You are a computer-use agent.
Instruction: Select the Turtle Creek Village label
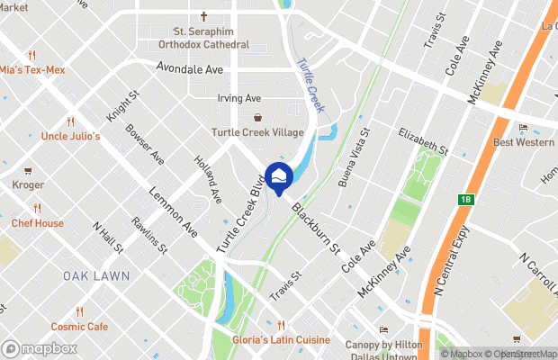click(x=257, y=132)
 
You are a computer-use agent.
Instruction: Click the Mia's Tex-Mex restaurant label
click(x=30, y=69)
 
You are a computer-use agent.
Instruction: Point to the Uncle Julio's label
click(x=70, y=136)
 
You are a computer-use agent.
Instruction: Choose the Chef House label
click(x=37, y=223)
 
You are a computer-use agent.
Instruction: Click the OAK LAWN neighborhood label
click(x=96, y=275)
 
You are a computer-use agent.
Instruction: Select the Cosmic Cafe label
click(x=79, y=327)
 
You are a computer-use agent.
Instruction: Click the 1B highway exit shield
click(x=465, y=200)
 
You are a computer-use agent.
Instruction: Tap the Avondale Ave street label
click(x=188, y=67)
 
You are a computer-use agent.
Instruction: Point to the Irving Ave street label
click(x=238, y=98)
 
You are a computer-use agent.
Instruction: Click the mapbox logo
click(x=40, y=346)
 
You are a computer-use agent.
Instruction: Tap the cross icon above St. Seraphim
click(x=204, y=16)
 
